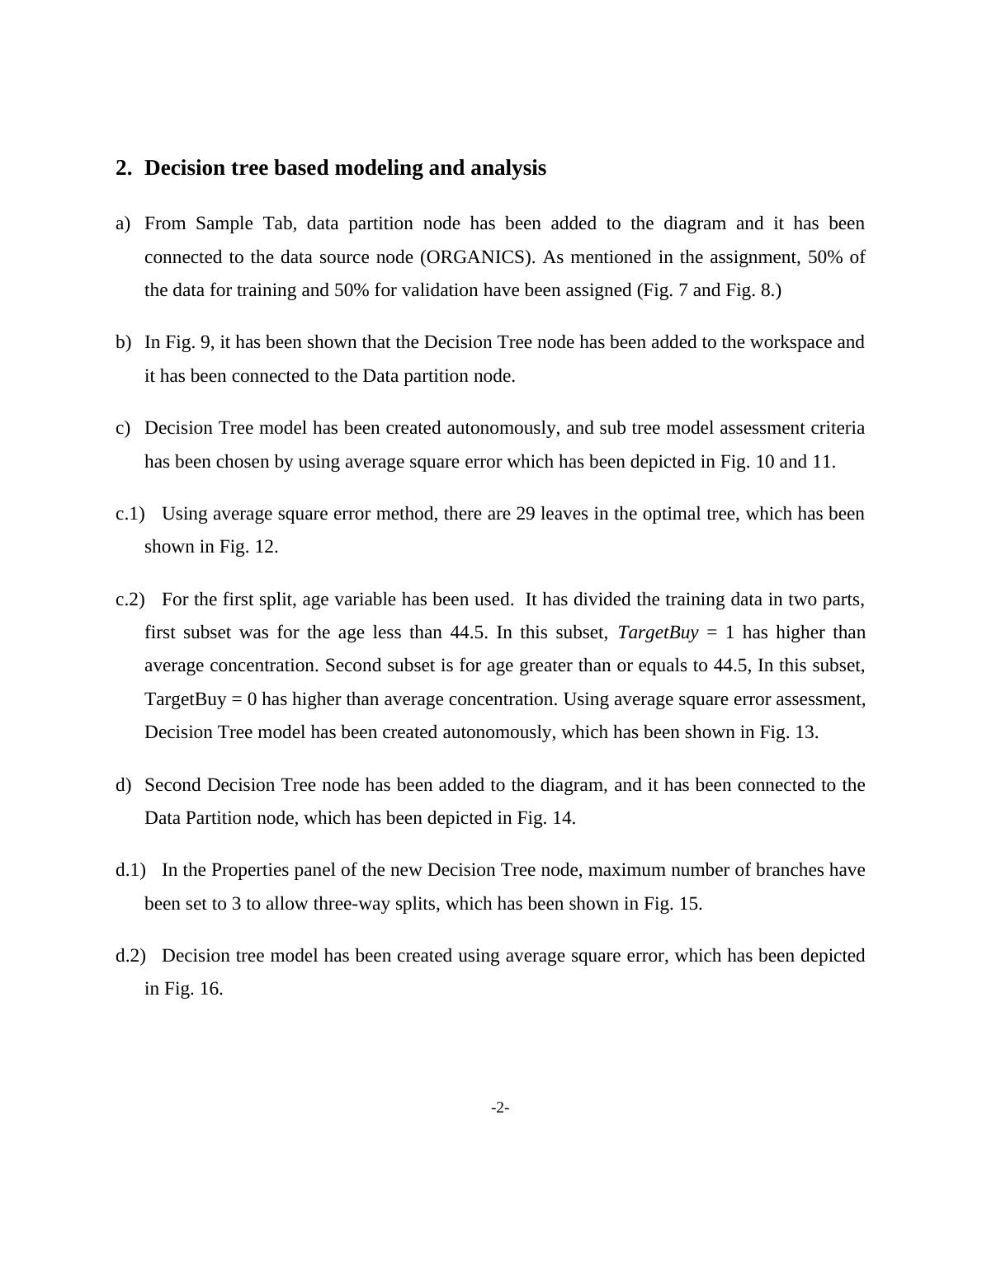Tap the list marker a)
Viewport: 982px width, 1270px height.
(x=123, y=224)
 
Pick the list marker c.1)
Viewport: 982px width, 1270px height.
(x=130, y=514)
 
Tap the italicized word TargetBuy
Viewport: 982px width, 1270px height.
(x=658, y=633)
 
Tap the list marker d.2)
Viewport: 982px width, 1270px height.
(x=130, y=956)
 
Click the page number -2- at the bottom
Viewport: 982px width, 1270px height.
(x=500, y=1108)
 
